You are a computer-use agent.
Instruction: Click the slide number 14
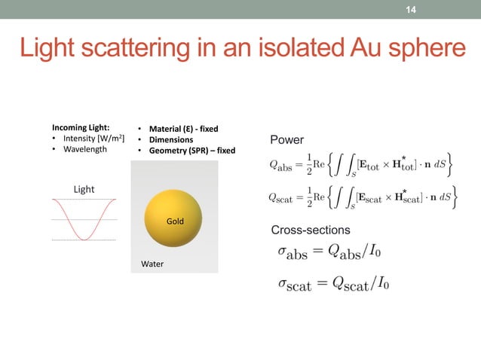[x=411, y=9]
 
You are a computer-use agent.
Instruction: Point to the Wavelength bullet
[x=83, y=149]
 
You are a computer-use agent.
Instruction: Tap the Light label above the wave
[x=84, y=189]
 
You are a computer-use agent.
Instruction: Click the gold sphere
[x=174, y=219]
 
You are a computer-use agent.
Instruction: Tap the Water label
[x=152, y=264]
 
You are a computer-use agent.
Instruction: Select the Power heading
[x=286, y=140]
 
